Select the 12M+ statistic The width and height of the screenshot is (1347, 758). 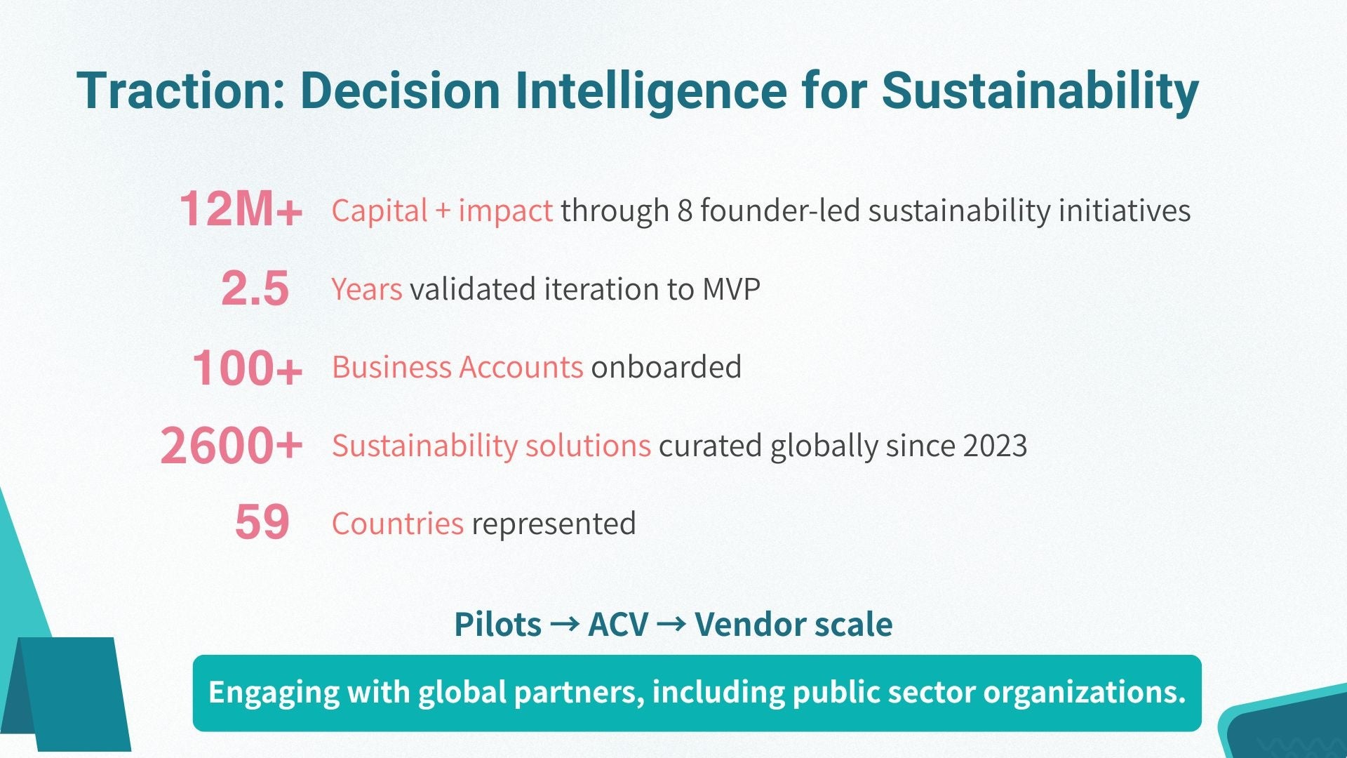point(241,209)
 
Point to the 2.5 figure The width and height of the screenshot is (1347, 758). point(255,288)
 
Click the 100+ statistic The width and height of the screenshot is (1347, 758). point(247,368)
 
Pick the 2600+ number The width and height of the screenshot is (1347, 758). point(231,446)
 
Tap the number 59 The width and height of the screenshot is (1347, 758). point(262,522)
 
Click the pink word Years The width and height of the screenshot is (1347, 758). point(367,289)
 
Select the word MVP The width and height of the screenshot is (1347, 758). point(731,289)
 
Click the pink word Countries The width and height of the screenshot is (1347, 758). point(398,524)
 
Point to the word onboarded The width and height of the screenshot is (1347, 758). point(666,367)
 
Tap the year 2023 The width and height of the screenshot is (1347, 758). point(995,446)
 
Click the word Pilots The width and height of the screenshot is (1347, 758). point(497,624)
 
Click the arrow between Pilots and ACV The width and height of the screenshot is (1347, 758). point(564,623)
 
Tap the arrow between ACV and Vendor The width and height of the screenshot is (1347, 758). point(671,623)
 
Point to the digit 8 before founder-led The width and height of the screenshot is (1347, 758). point(685,211)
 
